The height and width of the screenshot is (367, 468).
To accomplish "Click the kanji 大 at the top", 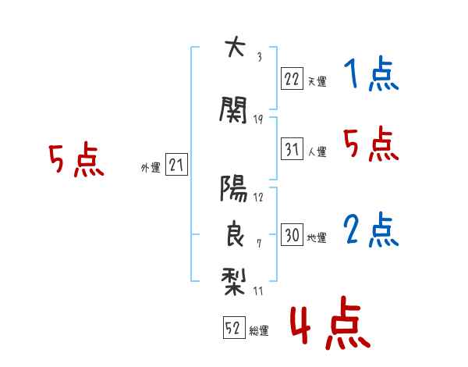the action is point(236,46).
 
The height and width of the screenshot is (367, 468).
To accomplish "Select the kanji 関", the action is point(233,109).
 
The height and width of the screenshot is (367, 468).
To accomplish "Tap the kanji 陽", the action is point(234,188).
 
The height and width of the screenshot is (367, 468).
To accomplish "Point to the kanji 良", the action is point(235,233).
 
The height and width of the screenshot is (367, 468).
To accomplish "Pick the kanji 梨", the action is point(233,281).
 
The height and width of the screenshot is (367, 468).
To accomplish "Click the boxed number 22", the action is point(292,79).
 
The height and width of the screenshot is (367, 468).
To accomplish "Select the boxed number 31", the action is point(292,149).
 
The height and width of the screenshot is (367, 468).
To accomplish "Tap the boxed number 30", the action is point(292,234).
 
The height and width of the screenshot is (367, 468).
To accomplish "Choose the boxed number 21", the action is point(176,165).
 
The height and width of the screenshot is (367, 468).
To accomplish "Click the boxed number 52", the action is point(234,327).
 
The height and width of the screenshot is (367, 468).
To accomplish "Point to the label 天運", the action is point(317,81).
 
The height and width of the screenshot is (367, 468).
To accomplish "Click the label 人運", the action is point(317,151).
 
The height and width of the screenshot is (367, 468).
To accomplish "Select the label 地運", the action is point(317,238).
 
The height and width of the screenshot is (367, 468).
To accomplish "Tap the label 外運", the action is point(151,168).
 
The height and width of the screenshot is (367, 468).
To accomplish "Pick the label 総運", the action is point(259,331).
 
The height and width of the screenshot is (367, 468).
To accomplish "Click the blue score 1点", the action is point(371,73).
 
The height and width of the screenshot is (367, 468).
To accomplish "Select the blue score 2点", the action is point(371,230).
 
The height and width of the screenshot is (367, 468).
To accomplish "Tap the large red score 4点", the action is point(331,322).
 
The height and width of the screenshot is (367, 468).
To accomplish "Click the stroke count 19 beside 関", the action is point(258,119).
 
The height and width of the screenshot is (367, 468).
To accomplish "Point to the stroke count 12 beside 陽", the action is point(258,198).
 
